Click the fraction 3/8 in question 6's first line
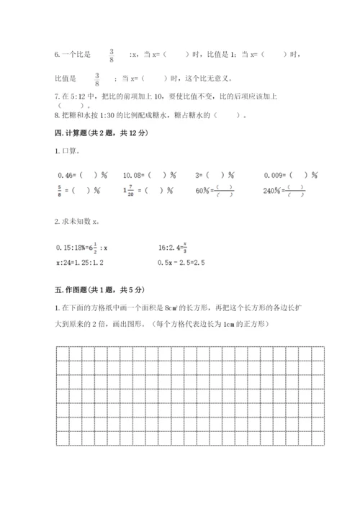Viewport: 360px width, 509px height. (x=112, y=54)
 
